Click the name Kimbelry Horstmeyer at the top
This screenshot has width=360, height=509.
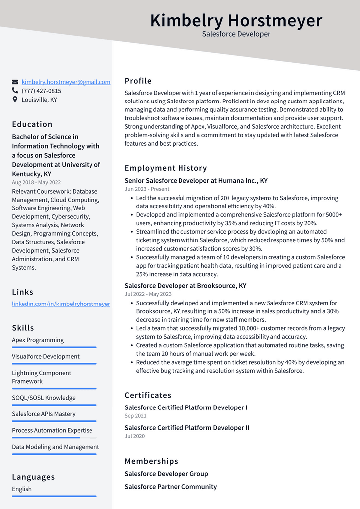point(236,21)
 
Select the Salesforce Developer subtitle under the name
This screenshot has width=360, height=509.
point(236,34)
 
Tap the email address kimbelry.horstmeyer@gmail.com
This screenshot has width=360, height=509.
point(66,82)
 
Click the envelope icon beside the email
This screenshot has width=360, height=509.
point(15,82)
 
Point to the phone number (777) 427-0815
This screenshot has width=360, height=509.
point(41,91)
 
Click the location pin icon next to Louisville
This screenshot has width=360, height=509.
point(15,100)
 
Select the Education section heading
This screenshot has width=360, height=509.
point(32,124)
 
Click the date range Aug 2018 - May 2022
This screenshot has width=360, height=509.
point(36,182)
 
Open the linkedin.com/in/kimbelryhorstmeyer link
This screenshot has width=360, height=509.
point(61,304)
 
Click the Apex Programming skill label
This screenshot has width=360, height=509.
point(38,340)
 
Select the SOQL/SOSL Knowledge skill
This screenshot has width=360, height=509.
point(44,398)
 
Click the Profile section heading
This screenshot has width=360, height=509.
point(138,81)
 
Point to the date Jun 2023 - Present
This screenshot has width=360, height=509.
point(147,189)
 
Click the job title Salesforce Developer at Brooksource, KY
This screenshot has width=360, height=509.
point(185,286)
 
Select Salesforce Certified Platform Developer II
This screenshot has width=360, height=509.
point(187,428)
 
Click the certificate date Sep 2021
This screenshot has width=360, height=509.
point(135,416)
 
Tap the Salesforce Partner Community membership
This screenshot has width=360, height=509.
point(171,487)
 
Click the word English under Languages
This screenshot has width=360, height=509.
point(22,489)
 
